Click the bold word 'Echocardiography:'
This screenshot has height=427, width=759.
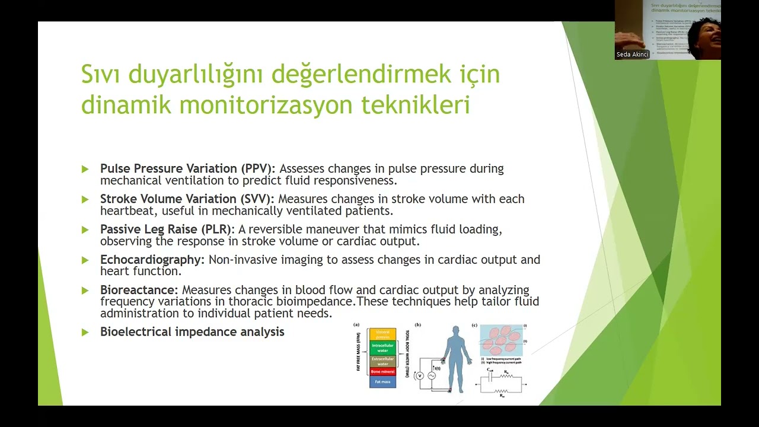[x=152, y=260]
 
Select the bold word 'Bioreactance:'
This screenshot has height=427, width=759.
[x=139, y=290]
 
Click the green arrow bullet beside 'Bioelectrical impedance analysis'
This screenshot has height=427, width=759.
[x=85, y=332]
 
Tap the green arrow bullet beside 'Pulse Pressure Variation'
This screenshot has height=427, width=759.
[x=85, y=169]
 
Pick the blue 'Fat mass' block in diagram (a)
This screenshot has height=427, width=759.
[x=382, y=382]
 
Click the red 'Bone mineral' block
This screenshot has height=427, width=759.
[x=382, y=371]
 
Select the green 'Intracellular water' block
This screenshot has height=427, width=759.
[x=382, y=348]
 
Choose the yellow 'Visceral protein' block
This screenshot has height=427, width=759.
[x=382, y=334]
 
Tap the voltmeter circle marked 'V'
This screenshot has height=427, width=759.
[x=419, y=375]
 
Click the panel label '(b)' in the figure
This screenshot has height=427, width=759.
[x=418, y=325]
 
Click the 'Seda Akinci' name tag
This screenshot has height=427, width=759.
[x=633, y=55]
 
